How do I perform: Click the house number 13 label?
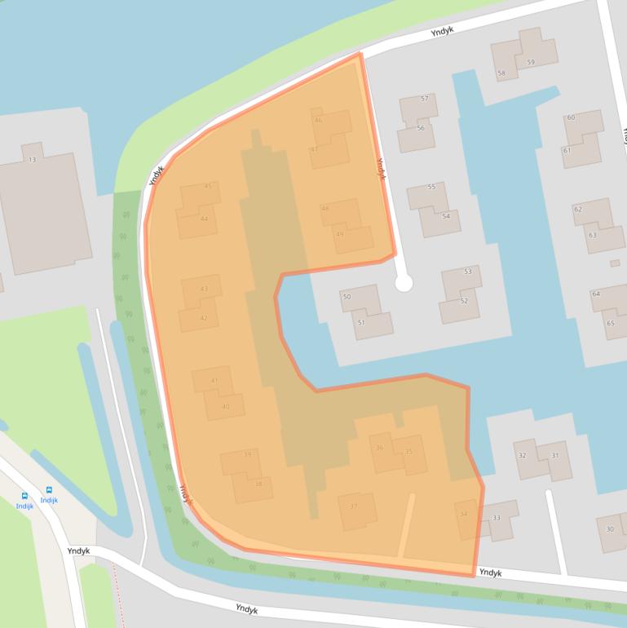(x=33, y=158)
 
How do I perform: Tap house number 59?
(x=531, y=62)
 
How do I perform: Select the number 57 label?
(x=424, y=99)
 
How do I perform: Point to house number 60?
(x=571, y=117)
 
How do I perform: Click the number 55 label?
(x=431, y=187)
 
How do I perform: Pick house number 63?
(x=593, y=235)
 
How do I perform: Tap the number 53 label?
(x=467, y=271)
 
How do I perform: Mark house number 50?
(x=347, y=297)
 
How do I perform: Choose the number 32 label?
(x=522, y=455)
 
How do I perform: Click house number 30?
(x=609, y=528)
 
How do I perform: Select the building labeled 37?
(x=354, y=506)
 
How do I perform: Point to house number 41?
(x=214, y=381)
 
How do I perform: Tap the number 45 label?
(x=208, y=186)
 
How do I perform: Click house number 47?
(x=314, y=149)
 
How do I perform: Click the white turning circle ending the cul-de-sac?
(x=404, y=283)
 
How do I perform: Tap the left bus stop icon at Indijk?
(x=24, y=495)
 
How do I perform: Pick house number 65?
(x=610, y=323)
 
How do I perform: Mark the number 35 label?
(x=408, y=451)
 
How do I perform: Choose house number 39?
(x=247, y=454)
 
